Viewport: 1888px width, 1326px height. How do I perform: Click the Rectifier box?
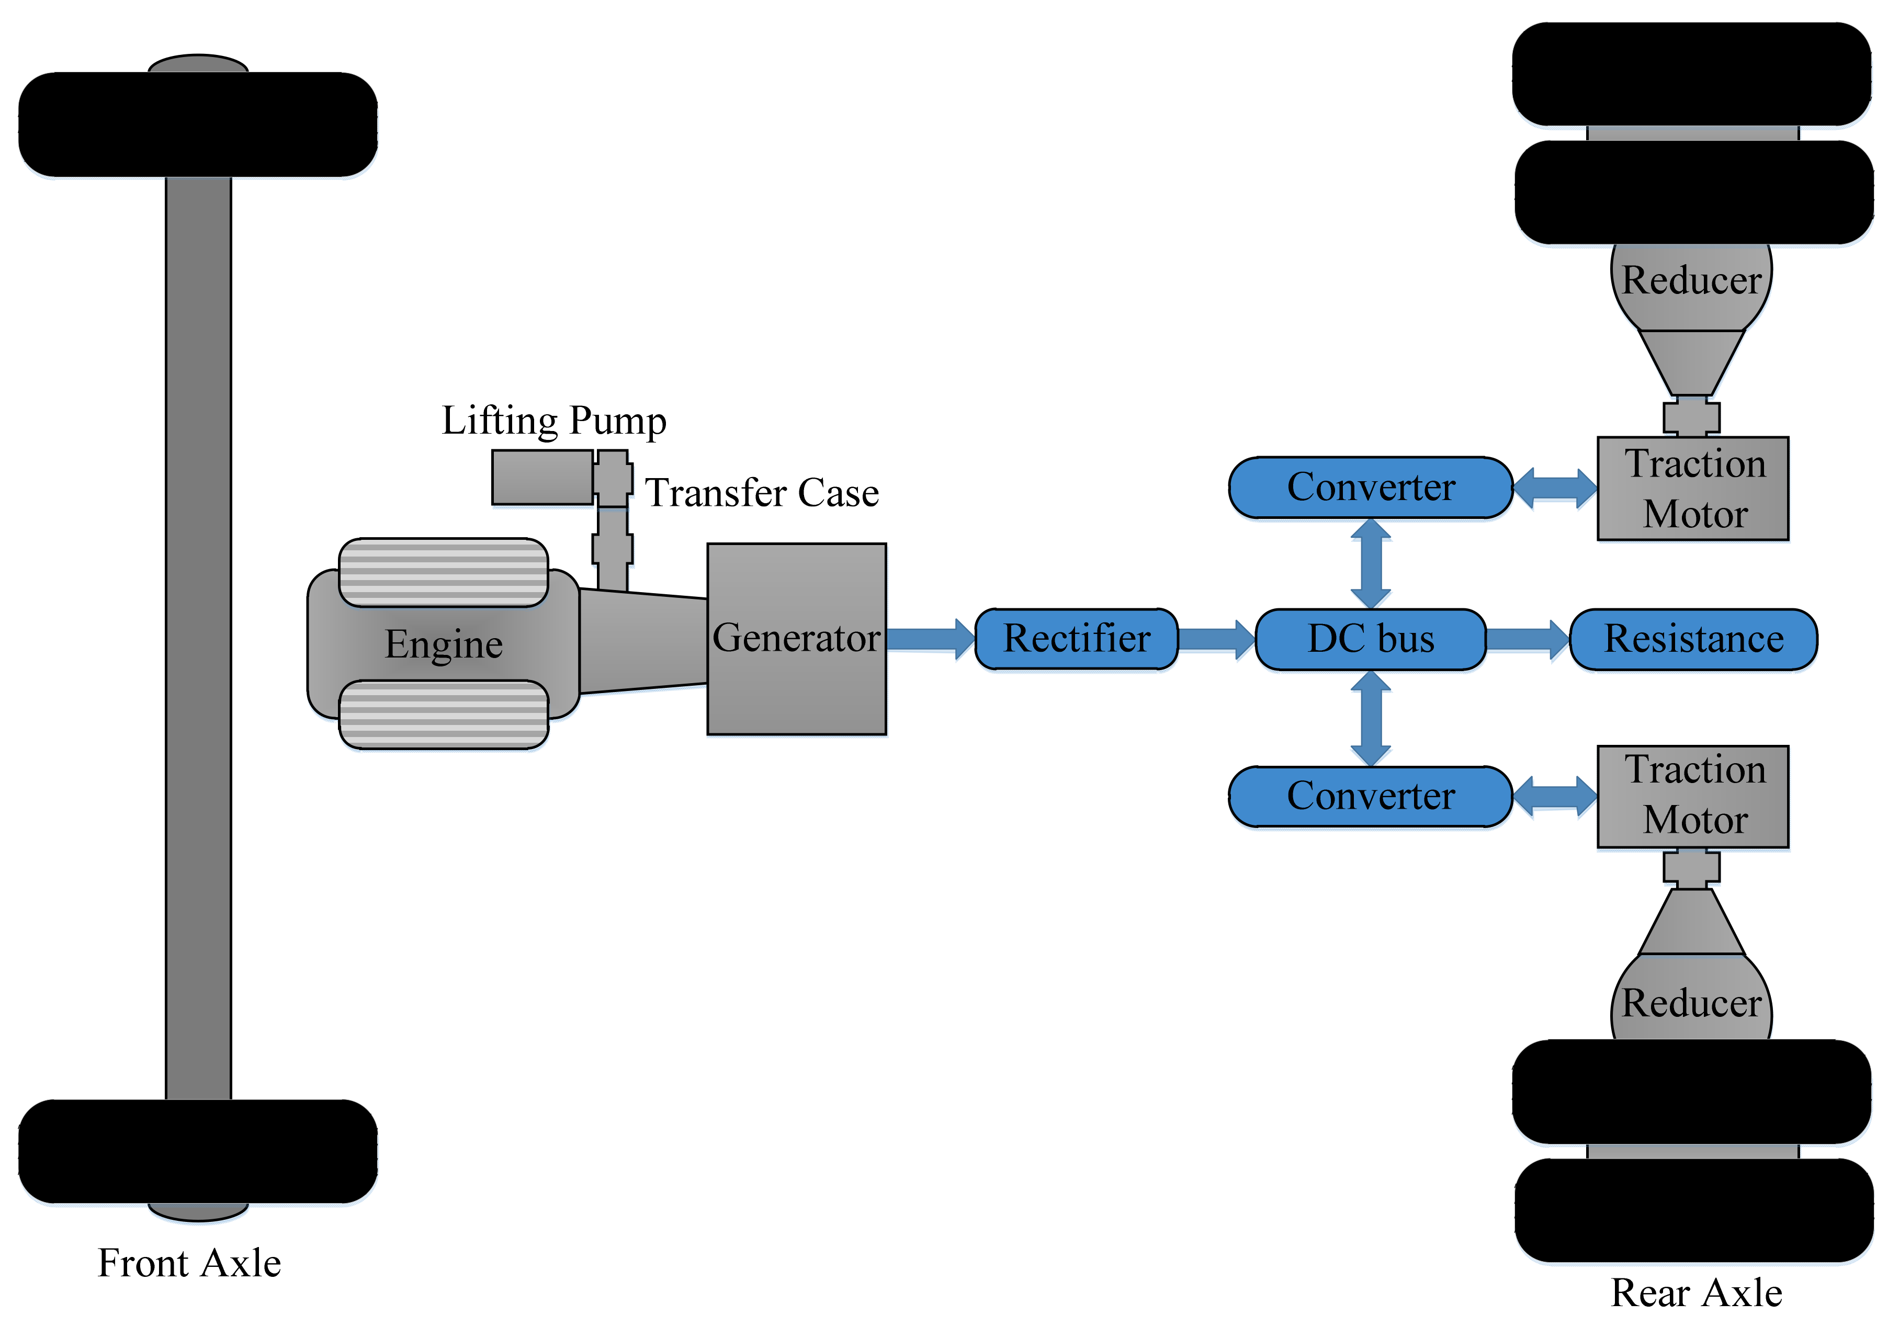1077,639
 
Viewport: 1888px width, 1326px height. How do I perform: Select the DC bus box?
1371,639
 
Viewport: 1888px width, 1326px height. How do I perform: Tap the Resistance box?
1693,639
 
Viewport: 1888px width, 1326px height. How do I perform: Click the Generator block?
796,638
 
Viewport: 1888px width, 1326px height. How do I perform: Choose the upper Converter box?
1370,486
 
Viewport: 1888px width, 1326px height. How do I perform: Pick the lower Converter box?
1370,796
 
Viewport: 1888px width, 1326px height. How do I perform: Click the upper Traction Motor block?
1692,489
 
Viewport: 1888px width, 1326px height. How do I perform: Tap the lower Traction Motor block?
1692,796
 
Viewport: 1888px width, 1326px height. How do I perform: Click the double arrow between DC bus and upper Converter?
1371,563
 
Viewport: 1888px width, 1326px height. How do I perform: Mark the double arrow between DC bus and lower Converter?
1371,718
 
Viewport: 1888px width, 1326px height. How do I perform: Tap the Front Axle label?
189,1263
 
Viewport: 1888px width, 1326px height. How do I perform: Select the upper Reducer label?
1691,280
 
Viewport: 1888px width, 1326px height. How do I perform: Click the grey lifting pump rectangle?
542,477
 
